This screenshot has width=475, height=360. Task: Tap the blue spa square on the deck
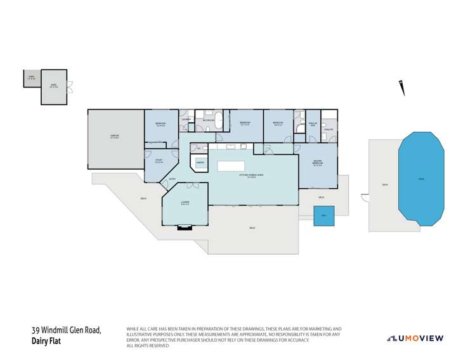pyautogui.click(x=323, y=215)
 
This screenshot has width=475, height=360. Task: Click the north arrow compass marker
pyautogui.click(x=401, y=88)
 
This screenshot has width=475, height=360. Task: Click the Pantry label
pyautogui.click(x=200, y=163)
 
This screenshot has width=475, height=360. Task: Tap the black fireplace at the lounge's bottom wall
pyautogui.click(x=184, y=226)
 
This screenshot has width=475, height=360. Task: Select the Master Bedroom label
pyautogui.click(x=318, y=163)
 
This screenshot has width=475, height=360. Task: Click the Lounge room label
pyautogui.click(x=185, y=203)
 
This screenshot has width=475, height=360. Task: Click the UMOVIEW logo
pyautogui.click(x=416, y=338)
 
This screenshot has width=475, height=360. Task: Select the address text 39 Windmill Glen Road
pyautogui.click(x=67, y=330)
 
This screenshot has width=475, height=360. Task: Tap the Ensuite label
pyautogui.click(x=329, y=129)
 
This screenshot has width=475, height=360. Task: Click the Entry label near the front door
pyautogui.click(x=172, y=179)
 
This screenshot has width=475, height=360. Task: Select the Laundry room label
pyautogui.click(x=186, y=119)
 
